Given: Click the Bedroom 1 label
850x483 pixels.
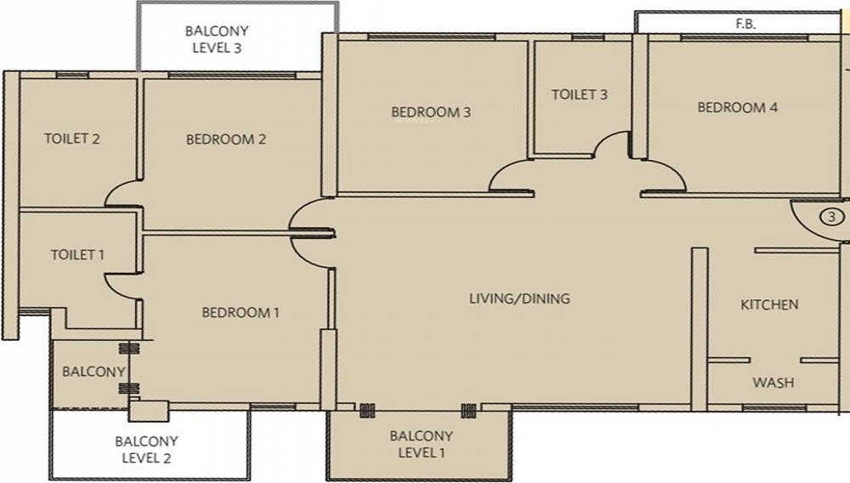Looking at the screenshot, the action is (x=241, y=312).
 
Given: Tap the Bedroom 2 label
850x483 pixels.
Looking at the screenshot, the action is (x=226, y=139).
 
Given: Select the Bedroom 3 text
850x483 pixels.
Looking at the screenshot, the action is (x=431, y=112).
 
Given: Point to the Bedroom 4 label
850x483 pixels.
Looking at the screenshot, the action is (x=737, y=107).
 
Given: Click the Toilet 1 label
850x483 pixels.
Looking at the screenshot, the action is (x=77, y=254).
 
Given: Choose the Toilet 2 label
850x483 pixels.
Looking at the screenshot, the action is (x=72, y=139).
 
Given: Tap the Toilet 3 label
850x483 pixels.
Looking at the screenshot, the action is (x=580, y=94).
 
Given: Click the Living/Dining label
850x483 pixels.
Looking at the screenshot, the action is (x=519, y=298).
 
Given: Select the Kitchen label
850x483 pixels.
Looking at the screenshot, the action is (x=769, y=304).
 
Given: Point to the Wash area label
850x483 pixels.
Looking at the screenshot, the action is (x=773, y=383).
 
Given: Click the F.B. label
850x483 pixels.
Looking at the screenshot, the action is (x=745, y=24).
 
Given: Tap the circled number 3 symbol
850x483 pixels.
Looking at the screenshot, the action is (x=831, y=218).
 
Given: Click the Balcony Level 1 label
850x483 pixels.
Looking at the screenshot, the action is (x=422, y=444).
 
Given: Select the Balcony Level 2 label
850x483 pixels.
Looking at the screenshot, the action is (x=146, y=449).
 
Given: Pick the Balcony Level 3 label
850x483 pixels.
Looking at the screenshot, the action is (x=217, y=39).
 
